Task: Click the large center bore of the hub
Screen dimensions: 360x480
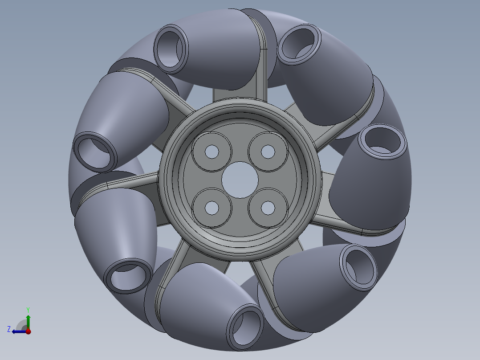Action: point(240,180)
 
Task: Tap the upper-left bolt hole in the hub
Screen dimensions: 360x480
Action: point(212,152)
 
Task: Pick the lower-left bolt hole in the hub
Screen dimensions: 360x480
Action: point(212,208)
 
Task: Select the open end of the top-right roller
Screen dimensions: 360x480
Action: point(300,43)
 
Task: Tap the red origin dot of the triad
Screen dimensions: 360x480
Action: point(28,331)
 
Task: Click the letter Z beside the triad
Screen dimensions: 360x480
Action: point(9,329)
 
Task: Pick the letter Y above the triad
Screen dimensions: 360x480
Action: point(28,310)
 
